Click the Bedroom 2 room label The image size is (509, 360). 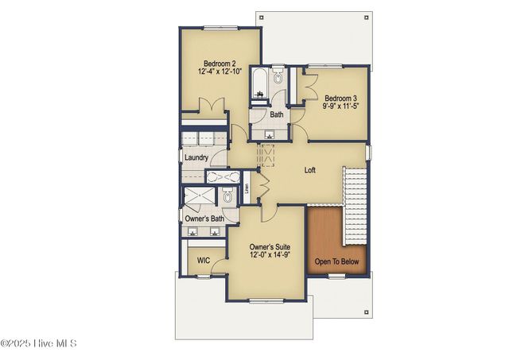point(220,64)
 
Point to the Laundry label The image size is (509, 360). point(196,157)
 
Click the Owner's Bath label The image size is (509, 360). point(204,219)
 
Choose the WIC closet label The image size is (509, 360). point(204,260)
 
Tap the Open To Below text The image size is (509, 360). point(336,261)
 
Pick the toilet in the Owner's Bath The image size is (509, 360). point(227,197)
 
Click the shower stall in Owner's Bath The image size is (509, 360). point(199,197)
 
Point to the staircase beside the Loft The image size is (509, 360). point(355,205)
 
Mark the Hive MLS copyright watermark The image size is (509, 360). point(38,343)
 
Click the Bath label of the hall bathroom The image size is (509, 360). point(276,114)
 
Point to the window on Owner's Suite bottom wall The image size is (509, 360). point(267,300)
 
